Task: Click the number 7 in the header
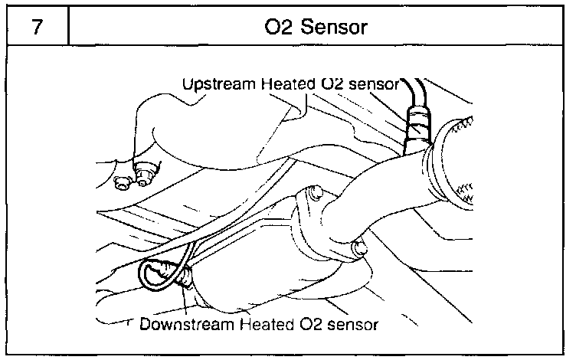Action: click(x=36, y=28)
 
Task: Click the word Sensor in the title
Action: click(x=335, y=28)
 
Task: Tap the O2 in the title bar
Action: click(x=280, y=28)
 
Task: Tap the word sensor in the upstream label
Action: click(x=372, y=83)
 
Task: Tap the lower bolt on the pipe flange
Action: click(x=356, y=247)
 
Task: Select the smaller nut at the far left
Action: click(x=120, y=182)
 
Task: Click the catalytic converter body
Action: click(x=253, y=253)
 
